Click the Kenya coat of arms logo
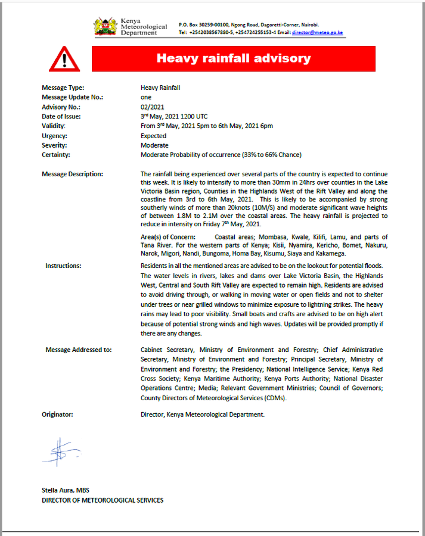(106, 26)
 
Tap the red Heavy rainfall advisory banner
(233, 58)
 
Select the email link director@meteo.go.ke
(317, 32)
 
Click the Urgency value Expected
(153, 136)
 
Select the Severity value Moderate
(154, 145)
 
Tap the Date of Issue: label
(61, 117)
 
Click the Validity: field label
(54, 126)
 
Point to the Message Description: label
(72, 174)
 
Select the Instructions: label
(63, 266)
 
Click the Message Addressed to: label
(78, 350)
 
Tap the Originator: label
(57, 414)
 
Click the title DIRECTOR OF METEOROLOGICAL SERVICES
(102, 500)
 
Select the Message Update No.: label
(72, 97)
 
